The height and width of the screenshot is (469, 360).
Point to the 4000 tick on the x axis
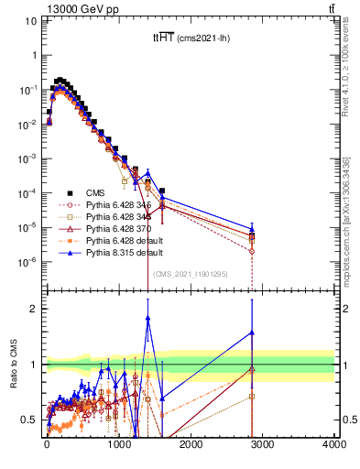pyautogui.click(x=333, y=444)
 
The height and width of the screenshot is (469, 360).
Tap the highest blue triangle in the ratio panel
pyautogui.click(x=147, y=317)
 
